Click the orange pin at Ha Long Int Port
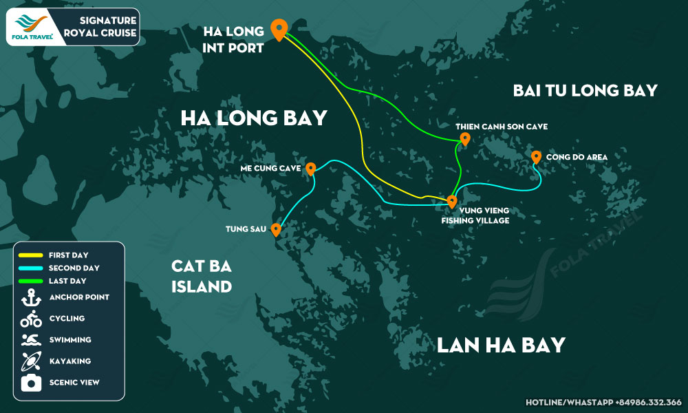coord(279,29)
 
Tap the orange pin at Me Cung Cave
coord(310,168)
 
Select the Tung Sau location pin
coord(276,229)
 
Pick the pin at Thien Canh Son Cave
coord(464,139)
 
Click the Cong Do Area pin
coord(536,157)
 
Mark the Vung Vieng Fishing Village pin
coord(451,201)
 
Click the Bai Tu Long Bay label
coord(585,90)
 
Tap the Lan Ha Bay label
coord(501,344)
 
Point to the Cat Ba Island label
coord(202,275)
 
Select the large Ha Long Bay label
coord(253,118)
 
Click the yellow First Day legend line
coord(31,255)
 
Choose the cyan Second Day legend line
coord(31,268)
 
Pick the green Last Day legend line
coord(31,281)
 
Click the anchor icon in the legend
coord(31,297)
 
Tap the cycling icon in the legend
coord(31,319)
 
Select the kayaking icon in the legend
coord(31,361)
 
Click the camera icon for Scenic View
coord(31,383)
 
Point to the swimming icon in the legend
coord(31,340)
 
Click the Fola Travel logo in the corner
coord(34,27)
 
